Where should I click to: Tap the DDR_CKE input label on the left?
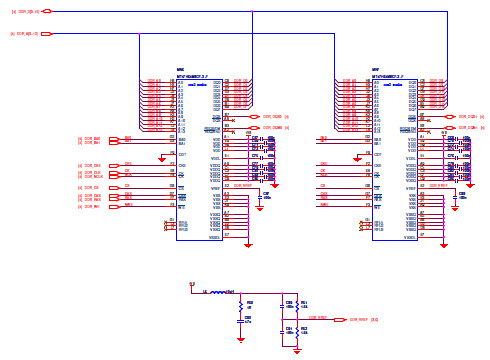pyautogui.click(x=91, y=166)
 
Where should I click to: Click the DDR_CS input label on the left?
pyautogui.click(x=91, y=187)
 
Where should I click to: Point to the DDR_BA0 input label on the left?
pyautogui.click(x=91, y=138)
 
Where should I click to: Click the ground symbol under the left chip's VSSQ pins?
pyautogui.click(x=249, y=243)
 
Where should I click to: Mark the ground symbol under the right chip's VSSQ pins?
pyautogui.click(x=445, y=243)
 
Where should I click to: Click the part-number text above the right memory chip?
pyautogui.click(x=388, y=75)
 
